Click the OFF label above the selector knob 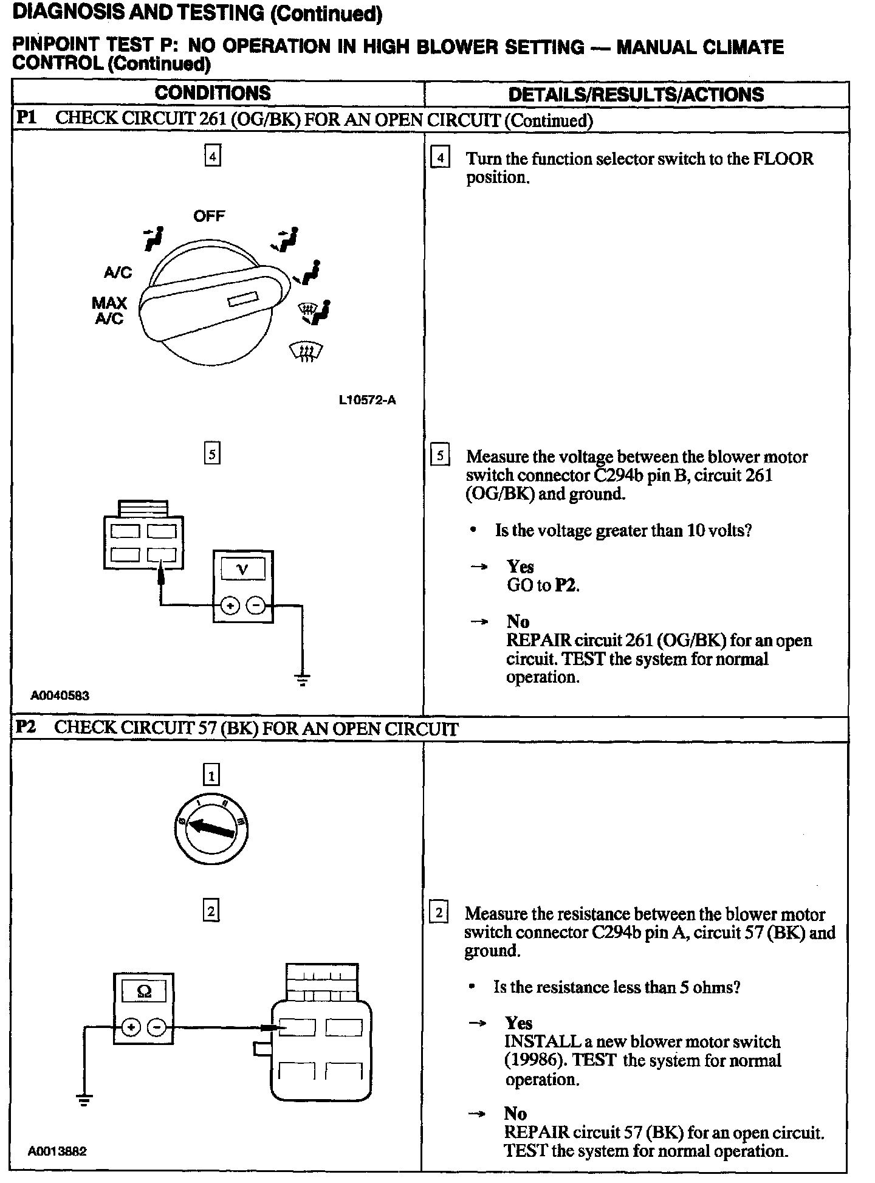[209, 216]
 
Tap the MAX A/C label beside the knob [109, 311]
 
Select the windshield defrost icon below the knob [306, 351]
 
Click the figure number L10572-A [367, 400]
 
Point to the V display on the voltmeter [242, 570]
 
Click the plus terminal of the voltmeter [229, 605]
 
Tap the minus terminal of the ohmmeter [157, 1027]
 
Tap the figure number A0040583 [60, 695]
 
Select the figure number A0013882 [57, 1151]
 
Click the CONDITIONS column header [212, 93]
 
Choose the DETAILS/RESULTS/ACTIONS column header [636, 94]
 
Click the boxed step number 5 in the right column [439, 455]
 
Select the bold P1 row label [26, 117]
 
